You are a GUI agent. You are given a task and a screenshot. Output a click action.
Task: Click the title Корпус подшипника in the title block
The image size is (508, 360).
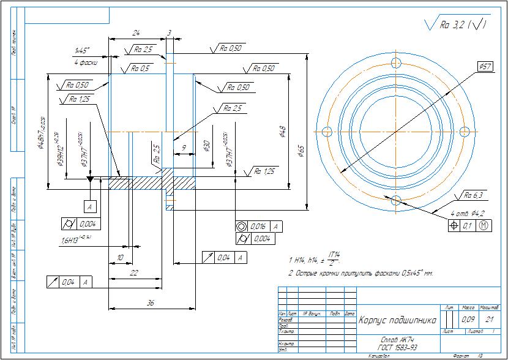[x=397, y=320]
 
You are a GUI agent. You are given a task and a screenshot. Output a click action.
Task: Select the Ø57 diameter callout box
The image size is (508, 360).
[x=486, y=66]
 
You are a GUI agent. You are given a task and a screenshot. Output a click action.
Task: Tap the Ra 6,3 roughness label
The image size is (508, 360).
[x=473, y=196]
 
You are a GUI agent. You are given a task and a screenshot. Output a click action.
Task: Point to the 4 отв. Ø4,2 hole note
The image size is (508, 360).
[x=468, y=213]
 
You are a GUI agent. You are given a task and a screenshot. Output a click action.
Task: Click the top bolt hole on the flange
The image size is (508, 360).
[x=396, y=62]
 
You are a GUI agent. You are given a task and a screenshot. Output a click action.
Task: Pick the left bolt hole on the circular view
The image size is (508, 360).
[x=327, y=131]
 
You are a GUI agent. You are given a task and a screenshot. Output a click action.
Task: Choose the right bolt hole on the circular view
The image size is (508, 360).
[x=465, y=131]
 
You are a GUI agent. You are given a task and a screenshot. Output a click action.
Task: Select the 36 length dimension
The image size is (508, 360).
[x=151, y=303]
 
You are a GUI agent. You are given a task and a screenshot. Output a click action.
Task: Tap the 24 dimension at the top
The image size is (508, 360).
[x=136, y=32]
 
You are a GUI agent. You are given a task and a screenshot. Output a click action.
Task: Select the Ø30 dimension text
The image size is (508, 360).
[x=206, y=146]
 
